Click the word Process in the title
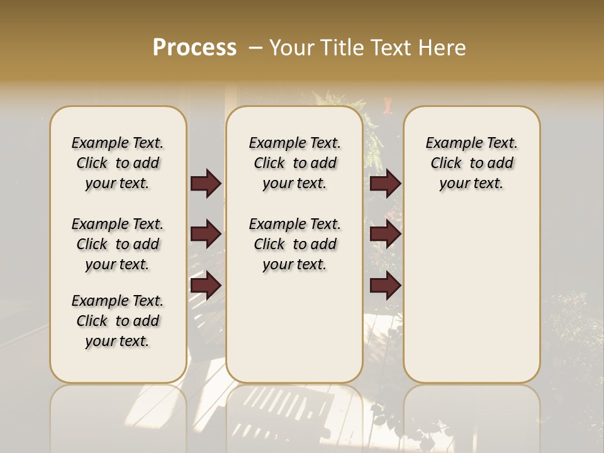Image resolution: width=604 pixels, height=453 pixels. tap(194, 47)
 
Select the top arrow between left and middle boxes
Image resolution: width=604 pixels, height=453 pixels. tap(206, 183)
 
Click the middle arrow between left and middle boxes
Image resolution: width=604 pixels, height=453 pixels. tap(206, 235)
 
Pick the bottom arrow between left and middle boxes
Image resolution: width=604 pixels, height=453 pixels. tap(206, 286)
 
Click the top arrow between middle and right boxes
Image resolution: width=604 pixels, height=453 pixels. tap(385, 183)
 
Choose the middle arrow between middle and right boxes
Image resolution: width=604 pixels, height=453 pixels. tap(385, 235)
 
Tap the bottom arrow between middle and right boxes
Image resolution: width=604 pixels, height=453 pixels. tap(385, 286)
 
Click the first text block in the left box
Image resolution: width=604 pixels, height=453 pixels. tap(118, 163)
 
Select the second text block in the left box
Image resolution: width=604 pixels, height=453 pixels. tap(118, 244)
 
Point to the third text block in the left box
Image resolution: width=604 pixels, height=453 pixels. tap(118, 321)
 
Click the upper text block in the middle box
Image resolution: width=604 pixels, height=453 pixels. tap(294, 163)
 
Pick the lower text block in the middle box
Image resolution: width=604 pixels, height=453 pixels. tap(294, 244)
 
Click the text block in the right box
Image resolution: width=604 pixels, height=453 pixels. tap(472, 163)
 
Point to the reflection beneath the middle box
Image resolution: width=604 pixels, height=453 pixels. tap(294, 415)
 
